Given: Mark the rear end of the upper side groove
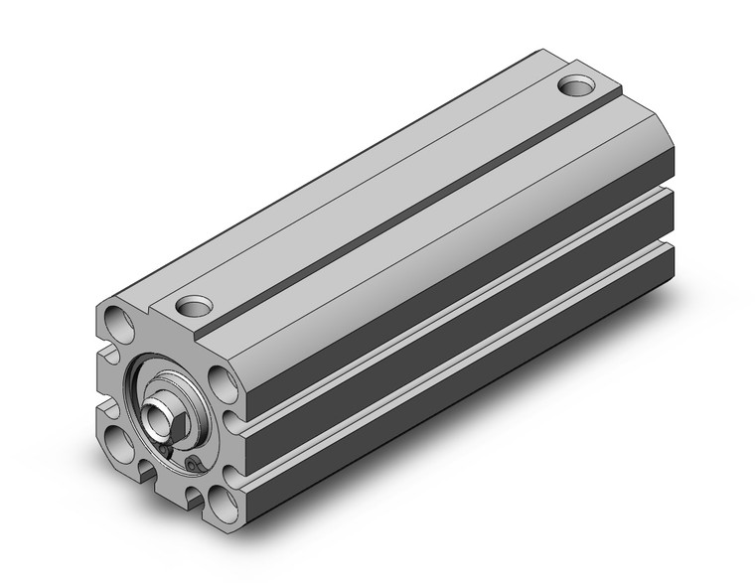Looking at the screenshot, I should [x=668, y=186].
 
